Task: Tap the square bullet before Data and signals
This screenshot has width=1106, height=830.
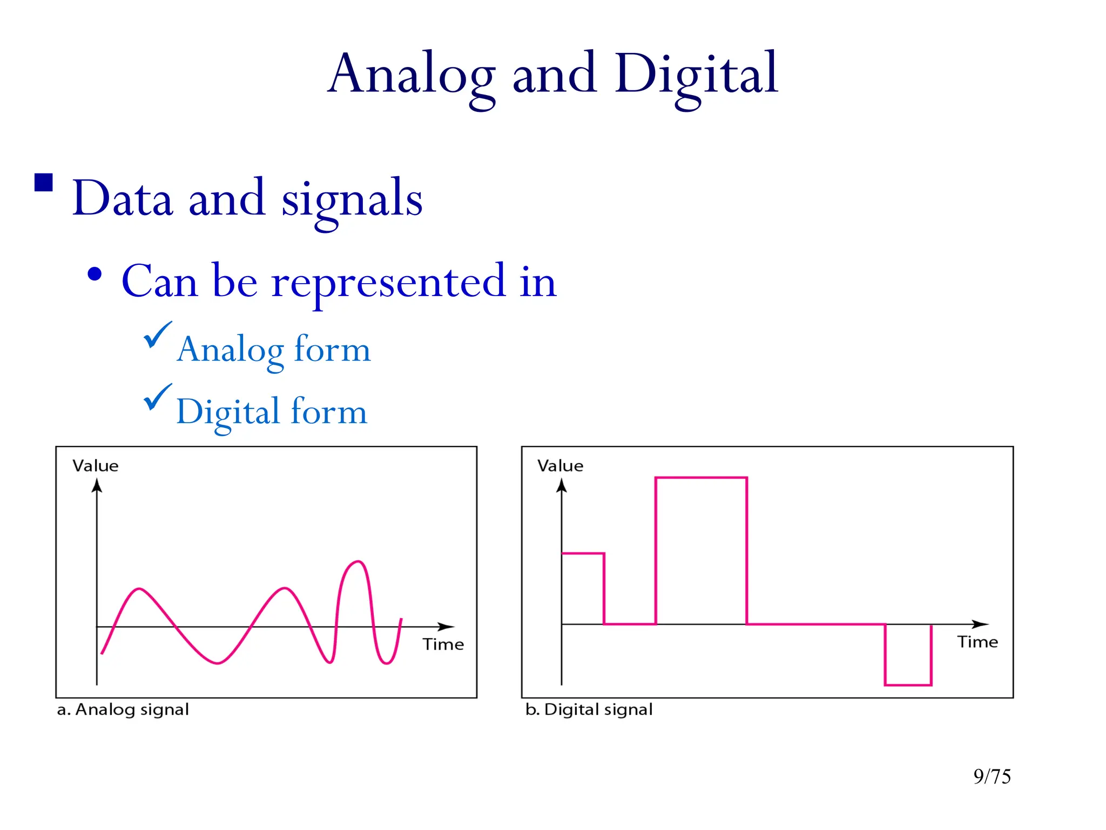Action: coord(44,183)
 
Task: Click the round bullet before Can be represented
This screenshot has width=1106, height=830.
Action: coord(95,275)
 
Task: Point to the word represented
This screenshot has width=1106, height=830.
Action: coord(389,282)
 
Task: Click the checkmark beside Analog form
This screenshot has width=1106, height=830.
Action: coord(157,335)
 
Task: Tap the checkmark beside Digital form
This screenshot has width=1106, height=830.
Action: coord(157,397)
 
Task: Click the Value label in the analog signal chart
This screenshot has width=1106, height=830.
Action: coord(96,466)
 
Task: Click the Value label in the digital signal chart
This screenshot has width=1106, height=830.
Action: coord(560,466)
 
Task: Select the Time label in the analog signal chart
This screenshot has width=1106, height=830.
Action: coord(443,644)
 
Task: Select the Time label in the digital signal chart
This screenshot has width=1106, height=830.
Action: coord(977,642)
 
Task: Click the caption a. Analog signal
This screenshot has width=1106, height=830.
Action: coord(123,709)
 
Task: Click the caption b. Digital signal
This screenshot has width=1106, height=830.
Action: coord(589,709)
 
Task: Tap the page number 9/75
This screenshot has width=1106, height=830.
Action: coord(992,777)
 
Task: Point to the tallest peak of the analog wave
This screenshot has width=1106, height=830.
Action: coord(357,562)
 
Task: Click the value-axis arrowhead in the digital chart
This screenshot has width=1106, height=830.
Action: coord(562,486)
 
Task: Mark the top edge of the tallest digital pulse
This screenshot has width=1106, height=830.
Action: coord(701,478)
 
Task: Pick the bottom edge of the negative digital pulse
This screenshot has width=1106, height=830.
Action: coord(908,685)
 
